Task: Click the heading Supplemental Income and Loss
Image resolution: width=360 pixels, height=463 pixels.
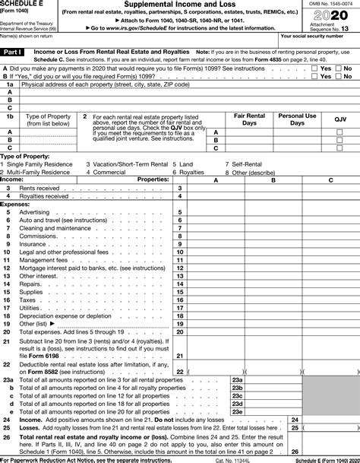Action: (180, 5)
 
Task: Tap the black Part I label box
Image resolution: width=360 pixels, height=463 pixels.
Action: (14, 52)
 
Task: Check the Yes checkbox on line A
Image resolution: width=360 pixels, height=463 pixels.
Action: (315, 68)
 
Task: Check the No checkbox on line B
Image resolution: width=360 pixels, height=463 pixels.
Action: (339, 75)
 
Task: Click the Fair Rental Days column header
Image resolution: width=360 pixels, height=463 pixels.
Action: (245, 119)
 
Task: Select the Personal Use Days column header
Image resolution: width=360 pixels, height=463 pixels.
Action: (292, 119)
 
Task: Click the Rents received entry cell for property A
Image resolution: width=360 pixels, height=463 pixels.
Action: (215, 188)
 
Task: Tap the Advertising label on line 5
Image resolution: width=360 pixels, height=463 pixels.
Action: (34, 212)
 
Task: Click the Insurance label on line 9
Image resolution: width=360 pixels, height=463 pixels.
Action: (33, 244)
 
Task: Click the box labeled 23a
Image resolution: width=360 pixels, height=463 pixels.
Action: (237, 379)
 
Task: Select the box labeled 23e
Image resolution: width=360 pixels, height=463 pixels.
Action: (237, 411)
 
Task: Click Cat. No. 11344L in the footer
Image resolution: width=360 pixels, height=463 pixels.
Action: (232, 458)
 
